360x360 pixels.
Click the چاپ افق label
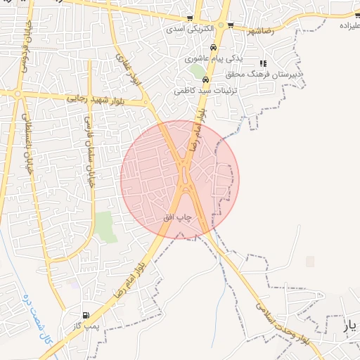tap(178, 218)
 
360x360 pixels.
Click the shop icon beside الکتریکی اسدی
tap(190, 19)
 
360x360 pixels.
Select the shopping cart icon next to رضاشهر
tap(231, 25)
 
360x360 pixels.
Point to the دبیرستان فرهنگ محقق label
tap(264, 73)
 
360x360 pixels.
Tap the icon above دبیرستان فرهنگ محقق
tap(263, 63)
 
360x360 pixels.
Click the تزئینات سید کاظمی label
tap(206, 91)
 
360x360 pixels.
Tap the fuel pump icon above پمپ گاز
tap(86, 316)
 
